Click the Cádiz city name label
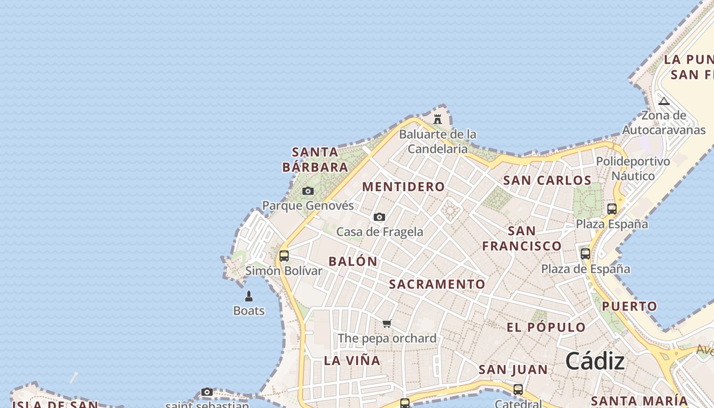click(595, 361)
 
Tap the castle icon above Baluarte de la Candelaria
click(438, 119)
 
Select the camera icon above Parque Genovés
click(308, 191)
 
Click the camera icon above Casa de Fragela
click(379, 217)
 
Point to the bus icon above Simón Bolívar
click(284, 256)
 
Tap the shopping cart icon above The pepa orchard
click(387, 323)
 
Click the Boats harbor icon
click(249, 296)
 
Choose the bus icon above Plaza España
click(612, 209)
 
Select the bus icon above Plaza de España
click(585, 253)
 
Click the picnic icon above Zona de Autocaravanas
click(664, 101)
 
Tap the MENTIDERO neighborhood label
click(403, 187)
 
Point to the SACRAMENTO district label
click(438, 284)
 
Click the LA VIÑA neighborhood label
click(352, 361)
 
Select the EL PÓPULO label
click(546, 327)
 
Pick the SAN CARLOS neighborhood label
click(547, 180)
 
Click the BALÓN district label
click(353, 262)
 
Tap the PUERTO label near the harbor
click(630, 307)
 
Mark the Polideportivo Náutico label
click(633, 169)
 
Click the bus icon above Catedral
click(518, 390)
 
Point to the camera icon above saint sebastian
click(207, 392)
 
